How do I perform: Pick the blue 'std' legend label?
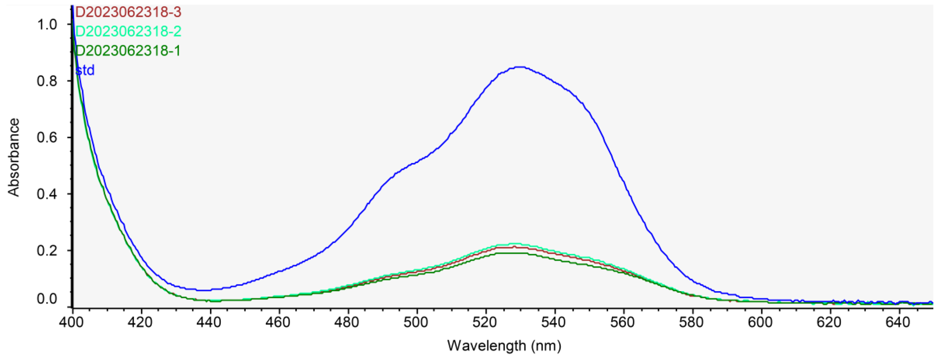coord(85,70)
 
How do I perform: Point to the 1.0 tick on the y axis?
coord(47,25)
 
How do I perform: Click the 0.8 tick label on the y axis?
coord(47,81)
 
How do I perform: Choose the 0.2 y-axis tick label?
coord(47,251)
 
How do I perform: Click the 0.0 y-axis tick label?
coord(47,299)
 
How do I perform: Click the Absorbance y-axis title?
coord(14,157)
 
